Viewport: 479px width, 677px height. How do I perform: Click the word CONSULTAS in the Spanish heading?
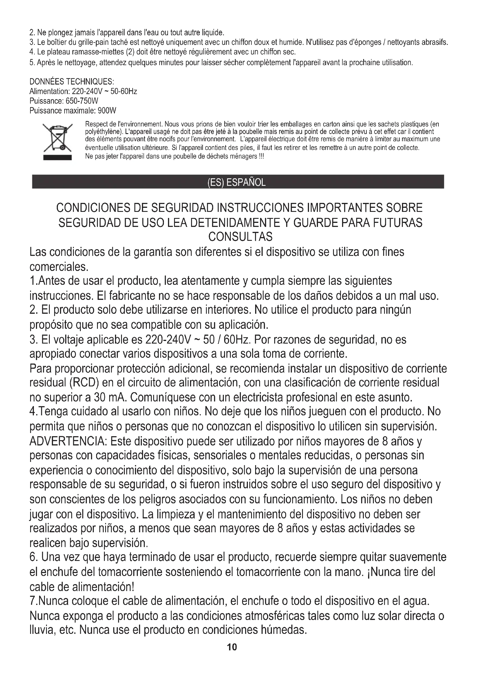[x=240, y=237]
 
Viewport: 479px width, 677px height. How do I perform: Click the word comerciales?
[x=59, y=267]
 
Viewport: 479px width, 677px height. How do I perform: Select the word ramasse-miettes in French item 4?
[x=98, y=52]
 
